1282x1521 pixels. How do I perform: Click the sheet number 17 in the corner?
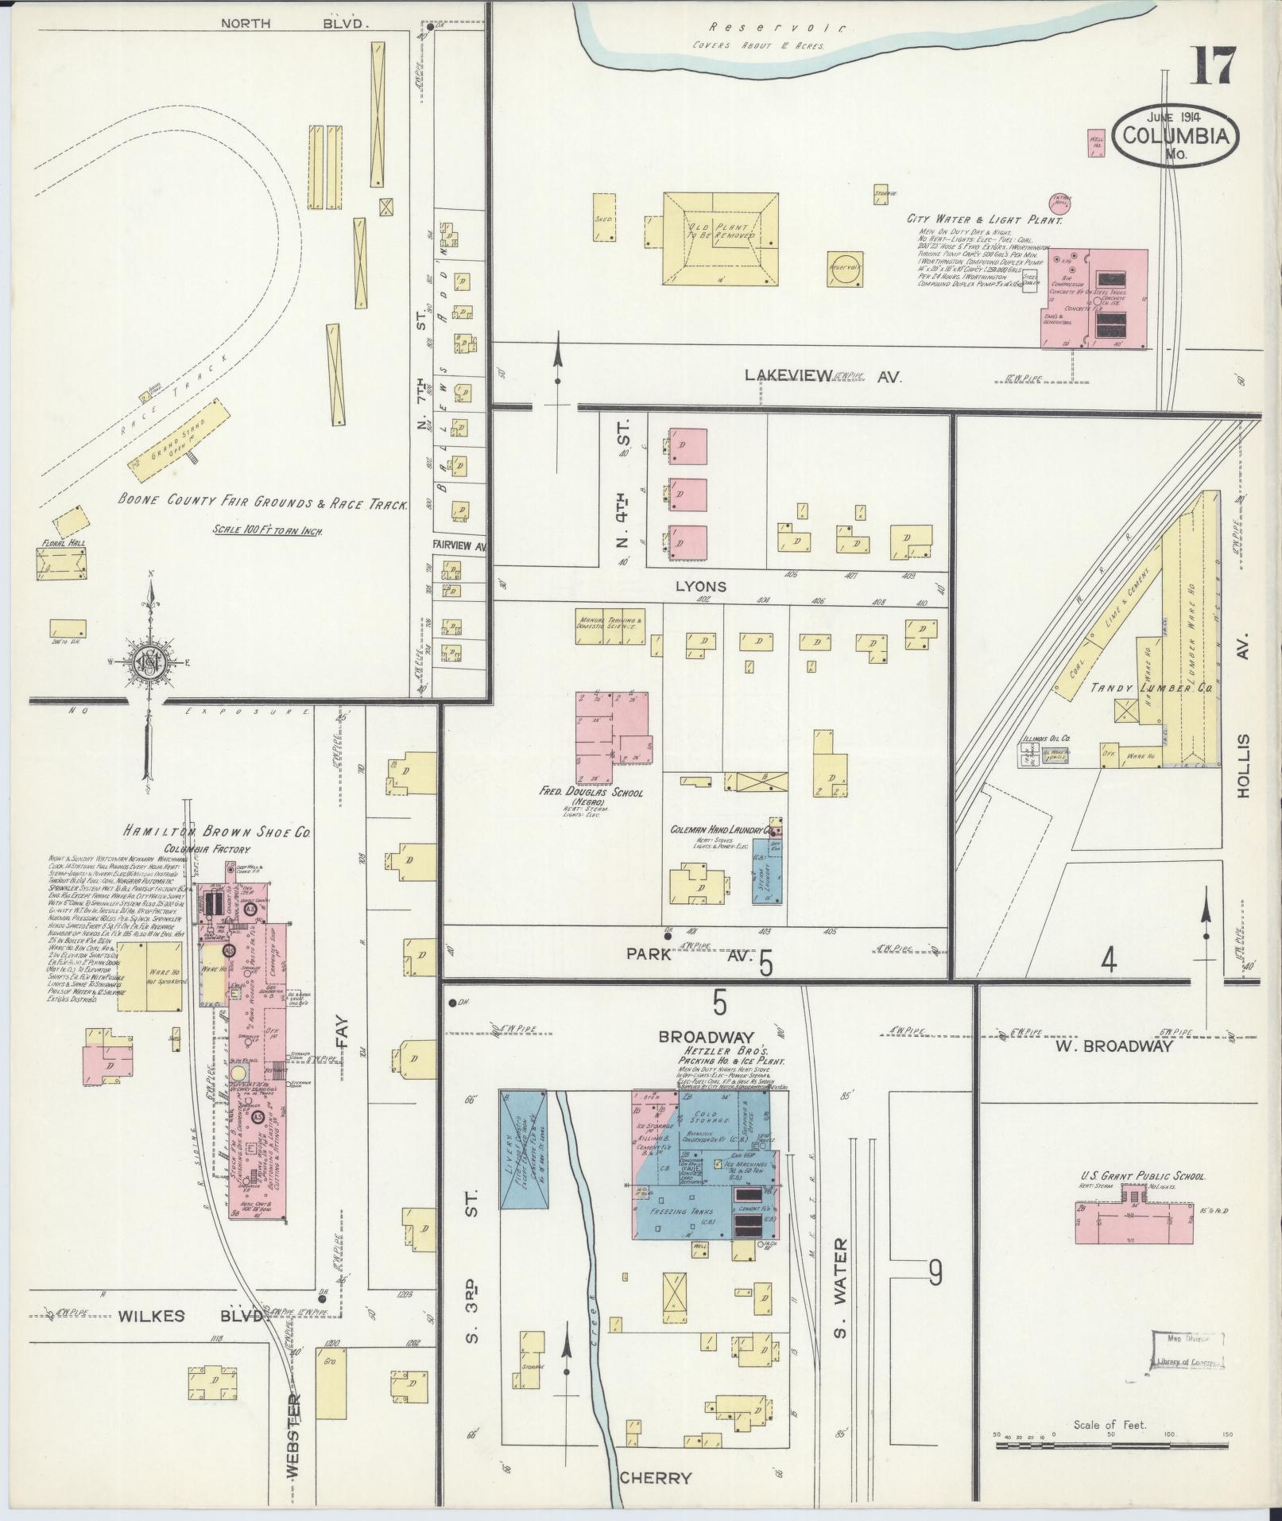(1214, 68)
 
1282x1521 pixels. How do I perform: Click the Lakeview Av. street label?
(823, 377)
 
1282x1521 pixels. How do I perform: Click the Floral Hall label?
(60, 545)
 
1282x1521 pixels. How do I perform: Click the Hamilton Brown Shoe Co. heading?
(216, 832)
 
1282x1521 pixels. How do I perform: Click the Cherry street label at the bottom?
(655, 1478)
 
